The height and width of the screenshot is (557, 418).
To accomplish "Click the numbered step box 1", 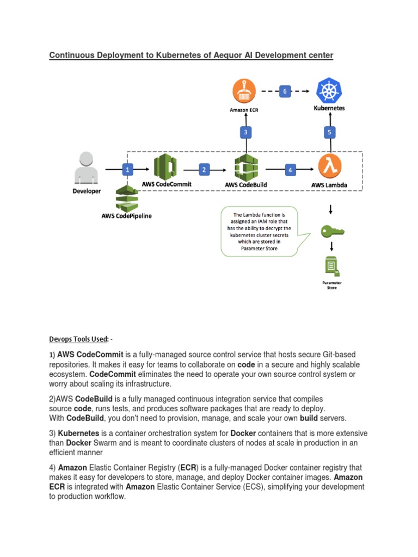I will coord(128,170).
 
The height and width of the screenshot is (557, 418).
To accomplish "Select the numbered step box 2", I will coord(204,170).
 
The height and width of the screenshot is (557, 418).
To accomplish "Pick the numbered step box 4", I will coord(290,170).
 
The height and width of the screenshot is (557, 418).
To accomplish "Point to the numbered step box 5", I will coord(329,132).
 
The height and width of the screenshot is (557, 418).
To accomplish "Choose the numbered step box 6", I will coord(284,91).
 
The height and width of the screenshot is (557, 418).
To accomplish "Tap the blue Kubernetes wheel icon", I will coord(329,90).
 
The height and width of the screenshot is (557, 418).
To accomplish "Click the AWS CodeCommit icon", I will coord(165,167).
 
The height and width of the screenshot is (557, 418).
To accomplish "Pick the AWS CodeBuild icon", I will coord(245,168).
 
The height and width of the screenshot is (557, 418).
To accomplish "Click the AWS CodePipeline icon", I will coord(127,198).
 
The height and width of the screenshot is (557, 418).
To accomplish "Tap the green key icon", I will coord(331,231).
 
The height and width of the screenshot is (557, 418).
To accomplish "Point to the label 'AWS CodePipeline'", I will coord(127,216).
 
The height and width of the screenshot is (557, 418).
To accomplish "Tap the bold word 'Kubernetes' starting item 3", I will coord(78,434).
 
